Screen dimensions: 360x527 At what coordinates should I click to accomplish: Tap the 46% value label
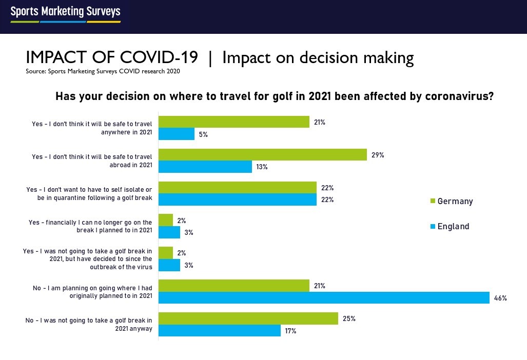[x=500, y=298]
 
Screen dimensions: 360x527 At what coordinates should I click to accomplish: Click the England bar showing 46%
[x=324, y=298]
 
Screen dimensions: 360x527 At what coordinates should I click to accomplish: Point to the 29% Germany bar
[x=263, y=155]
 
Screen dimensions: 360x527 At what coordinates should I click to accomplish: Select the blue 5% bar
[x=177, y=134]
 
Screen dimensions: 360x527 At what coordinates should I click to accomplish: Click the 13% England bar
[x=205, y=167]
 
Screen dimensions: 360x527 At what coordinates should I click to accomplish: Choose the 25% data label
[x=349, y=318]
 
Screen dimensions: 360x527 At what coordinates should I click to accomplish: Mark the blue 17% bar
[x=220, y=331]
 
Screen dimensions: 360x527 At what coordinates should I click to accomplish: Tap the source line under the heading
[x=103, y=71]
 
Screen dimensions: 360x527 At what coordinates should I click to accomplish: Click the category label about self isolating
[x=89, y=194]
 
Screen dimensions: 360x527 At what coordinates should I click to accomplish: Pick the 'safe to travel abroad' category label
[x=92, y=161]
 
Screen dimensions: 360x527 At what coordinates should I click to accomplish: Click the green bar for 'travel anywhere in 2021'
[x=234, y=122]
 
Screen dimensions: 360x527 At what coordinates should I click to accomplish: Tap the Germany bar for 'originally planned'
[x=234, y=286]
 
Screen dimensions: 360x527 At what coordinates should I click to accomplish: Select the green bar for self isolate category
[x=238, y=187]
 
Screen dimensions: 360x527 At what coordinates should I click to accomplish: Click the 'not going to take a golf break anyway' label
[x=89, y=324]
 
